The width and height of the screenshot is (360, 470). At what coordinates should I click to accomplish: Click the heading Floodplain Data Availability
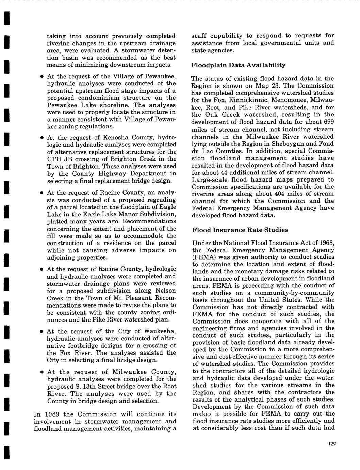(x=238, y=65)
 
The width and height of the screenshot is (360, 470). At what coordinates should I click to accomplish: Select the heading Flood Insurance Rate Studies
(x=240, y=230)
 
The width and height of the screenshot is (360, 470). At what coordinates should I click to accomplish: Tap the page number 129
(x=332, y=443)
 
